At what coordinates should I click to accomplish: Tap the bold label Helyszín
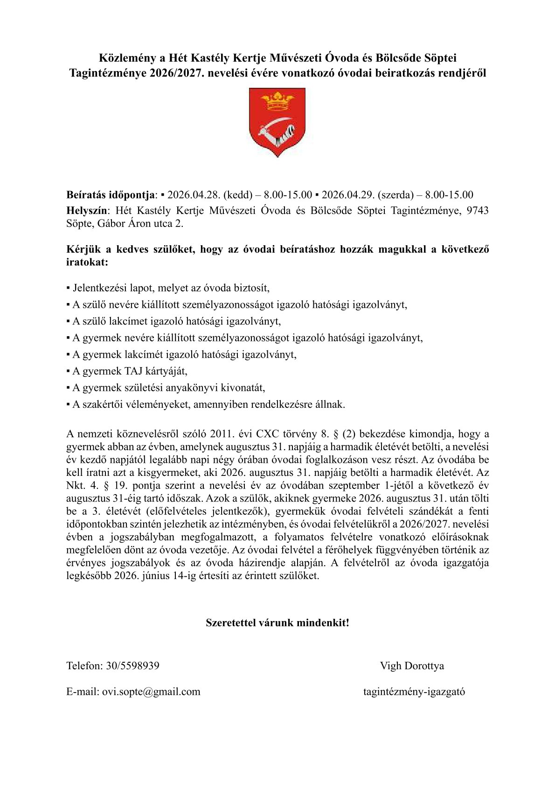87,211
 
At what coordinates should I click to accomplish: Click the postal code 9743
478,211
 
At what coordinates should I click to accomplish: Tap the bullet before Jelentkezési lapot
68,288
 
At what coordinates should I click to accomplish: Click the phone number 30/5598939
132,666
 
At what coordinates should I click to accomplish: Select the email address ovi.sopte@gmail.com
151,692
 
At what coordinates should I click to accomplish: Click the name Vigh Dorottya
412,666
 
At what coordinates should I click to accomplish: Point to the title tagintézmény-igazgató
414,692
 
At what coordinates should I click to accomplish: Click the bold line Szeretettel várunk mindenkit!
277,623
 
